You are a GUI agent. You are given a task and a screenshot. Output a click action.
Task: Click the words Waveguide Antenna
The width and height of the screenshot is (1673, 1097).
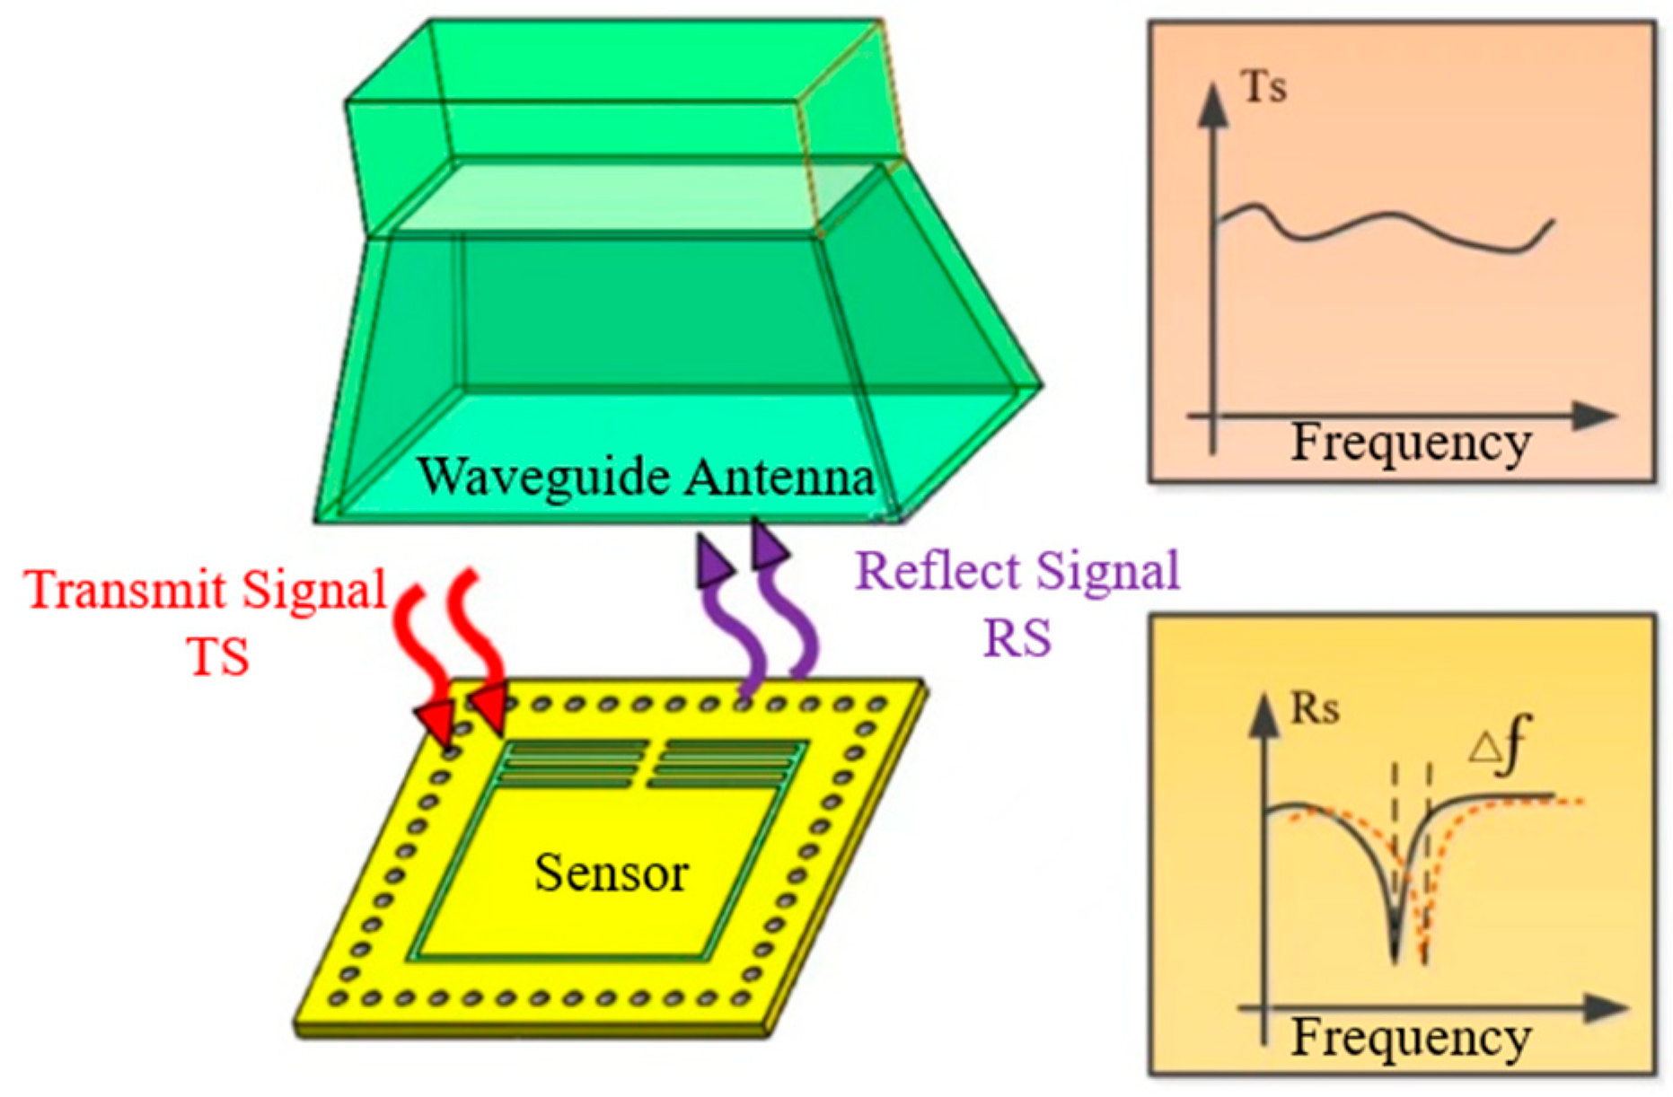click(x=645, y=477)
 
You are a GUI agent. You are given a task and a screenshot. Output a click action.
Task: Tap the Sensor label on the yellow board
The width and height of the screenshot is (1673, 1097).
click(x=611, y=873)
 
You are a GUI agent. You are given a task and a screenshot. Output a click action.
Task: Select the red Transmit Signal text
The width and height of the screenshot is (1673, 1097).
click(x=207, y=591)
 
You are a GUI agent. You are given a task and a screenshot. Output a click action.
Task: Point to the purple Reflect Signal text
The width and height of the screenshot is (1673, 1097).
click(x=1017, y=571)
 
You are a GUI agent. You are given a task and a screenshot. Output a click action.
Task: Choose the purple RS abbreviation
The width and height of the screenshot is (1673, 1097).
click(x=1017, y=637)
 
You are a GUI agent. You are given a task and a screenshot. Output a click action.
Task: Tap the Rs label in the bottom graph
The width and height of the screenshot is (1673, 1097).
click(x=1314, y=709)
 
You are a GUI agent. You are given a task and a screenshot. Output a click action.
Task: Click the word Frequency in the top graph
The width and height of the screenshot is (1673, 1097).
click(x=1411, y=443)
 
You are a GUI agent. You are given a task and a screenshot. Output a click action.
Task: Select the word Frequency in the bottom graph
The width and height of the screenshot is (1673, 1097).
click(x=1411, y=1038)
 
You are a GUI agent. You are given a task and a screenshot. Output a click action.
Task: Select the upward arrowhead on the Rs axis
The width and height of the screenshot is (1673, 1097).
click(x=1264, y=716)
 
